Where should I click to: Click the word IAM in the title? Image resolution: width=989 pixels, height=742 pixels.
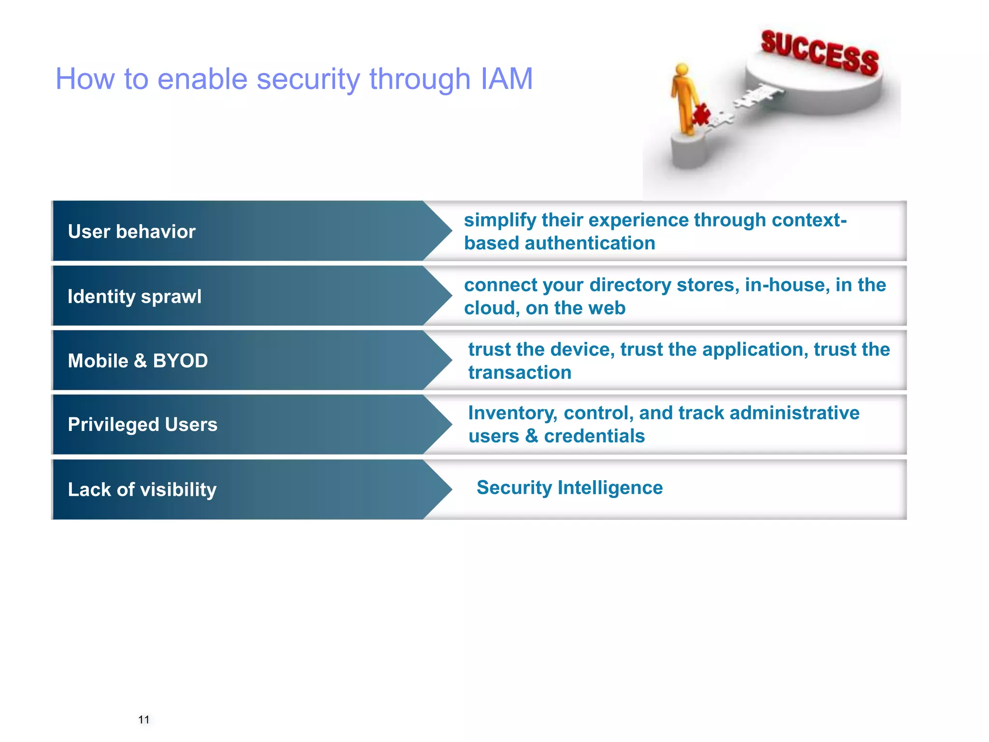507,79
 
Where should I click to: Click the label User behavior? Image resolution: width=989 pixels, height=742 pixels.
131,232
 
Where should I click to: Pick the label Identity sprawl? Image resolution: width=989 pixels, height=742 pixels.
134,297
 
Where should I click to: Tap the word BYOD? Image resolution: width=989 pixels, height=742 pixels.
180,361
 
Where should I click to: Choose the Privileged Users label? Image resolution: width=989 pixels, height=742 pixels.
142,425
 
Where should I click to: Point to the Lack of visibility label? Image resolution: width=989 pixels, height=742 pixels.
142,490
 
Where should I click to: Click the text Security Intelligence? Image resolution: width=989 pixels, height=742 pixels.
569,488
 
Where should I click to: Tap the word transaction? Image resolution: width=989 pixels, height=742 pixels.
520,373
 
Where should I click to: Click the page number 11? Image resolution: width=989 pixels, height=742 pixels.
143,720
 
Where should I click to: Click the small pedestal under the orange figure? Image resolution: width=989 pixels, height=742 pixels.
689,152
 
